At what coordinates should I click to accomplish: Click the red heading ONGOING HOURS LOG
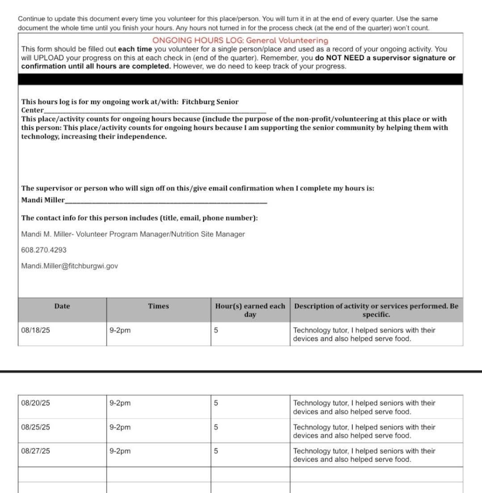[x=240, y=41]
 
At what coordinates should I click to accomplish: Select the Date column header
[x=62, y=306]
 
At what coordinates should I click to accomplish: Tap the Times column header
[x=159, y=306]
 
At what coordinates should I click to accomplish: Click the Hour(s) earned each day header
[x=250, y=310]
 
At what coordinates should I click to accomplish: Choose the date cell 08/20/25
[x=36, y=403]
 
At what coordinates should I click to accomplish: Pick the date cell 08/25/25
[x=36, y=427]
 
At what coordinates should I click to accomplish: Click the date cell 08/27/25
[x=36, y=451]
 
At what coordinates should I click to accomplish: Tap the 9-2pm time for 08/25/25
[x=120, y=427]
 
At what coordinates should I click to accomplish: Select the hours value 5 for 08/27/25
[x=216, y=451]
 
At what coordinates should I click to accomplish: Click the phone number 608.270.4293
[x=44, y=250]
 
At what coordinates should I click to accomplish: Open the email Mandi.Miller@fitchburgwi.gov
[x=70, y=266]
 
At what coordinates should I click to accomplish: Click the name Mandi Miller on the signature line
[x=43, y=200]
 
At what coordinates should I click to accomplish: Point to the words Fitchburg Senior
[x=210, y=102]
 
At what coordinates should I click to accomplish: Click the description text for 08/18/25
[x=364, y=334]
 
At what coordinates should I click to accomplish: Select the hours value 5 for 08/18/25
[x=216, y=330]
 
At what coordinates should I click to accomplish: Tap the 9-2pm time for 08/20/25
[x=120, y=403]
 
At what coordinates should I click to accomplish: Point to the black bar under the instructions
[x=240, y=79]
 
